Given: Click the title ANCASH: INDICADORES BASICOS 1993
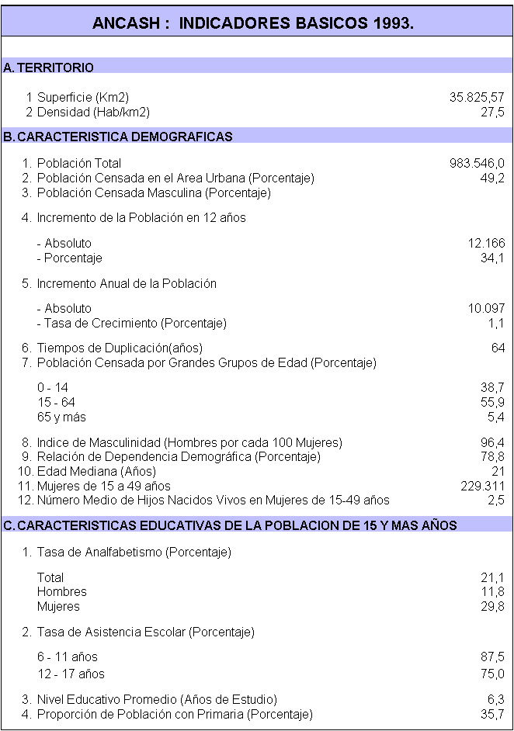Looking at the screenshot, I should [x=252, y=23].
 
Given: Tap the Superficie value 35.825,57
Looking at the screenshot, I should [x=477, y=98].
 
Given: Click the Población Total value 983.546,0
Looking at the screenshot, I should [x=477, y=164].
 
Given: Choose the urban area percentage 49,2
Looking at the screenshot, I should [x=492, y=178].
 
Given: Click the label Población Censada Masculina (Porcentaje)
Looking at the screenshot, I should [x=154, y=192].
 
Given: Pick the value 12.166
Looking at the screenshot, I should [x=486, y=244].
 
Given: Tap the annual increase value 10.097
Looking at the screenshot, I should [x=486, y=309].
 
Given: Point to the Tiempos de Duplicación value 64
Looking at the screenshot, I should [x=498, y=348].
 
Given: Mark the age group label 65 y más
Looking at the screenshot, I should [x=61, y=417].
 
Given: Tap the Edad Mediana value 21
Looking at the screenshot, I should [x=498, y=472].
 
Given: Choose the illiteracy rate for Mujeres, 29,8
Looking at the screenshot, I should [x=492, y=606].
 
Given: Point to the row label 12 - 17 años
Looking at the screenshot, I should [x=71, y=674].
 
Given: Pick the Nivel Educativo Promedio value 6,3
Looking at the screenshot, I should [x=495, y=700].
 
